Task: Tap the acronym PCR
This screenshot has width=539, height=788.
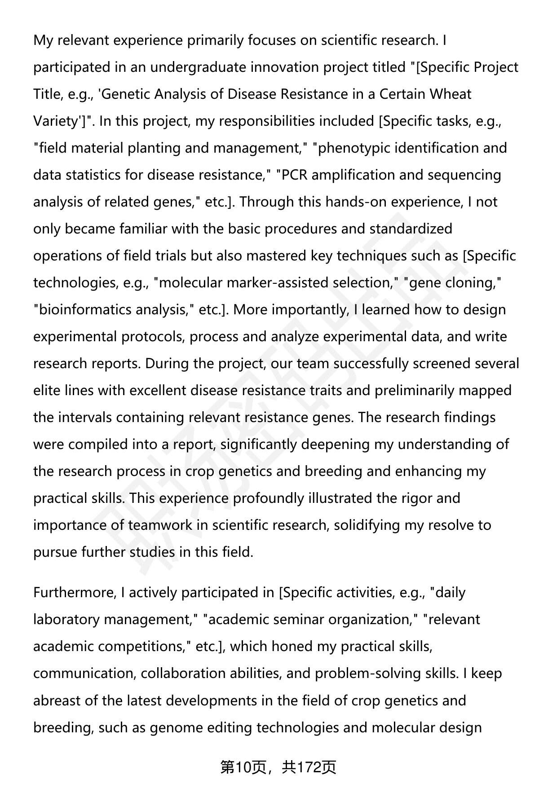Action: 294,175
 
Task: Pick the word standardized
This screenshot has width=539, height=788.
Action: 411,229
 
